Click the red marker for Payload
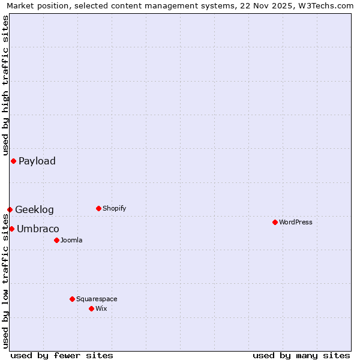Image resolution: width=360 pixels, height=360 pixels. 13,161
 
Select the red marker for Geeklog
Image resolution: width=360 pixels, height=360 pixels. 10,209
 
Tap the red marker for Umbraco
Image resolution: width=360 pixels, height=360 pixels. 11,229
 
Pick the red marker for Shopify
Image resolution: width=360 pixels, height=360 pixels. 98,208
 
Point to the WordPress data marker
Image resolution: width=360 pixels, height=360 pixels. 275,222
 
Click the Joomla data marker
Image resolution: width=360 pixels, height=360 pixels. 56,240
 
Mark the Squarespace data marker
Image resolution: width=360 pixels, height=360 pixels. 72,299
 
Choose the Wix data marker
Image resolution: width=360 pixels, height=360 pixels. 91,308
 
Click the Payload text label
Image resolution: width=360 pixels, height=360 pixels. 37,161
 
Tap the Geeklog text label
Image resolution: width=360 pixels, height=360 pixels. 34,209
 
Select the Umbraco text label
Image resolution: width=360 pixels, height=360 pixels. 38,229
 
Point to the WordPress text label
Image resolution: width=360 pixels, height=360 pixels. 296,222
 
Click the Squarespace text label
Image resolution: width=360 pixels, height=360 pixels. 97,299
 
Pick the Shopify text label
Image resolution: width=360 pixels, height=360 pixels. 115,208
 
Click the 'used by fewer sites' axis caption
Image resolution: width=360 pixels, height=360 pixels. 62,355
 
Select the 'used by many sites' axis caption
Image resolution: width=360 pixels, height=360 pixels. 301,355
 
